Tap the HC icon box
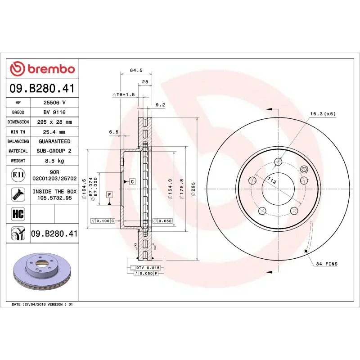(18, 213)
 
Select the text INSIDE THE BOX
(54, 191)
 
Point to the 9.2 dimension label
(160, 105)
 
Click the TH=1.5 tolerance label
(124, 95)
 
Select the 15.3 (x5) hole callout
(323, 114)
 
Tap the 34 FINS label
(327, 264)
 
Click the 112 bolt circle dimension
(271, 180)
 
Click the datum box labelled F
(109, 194)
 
